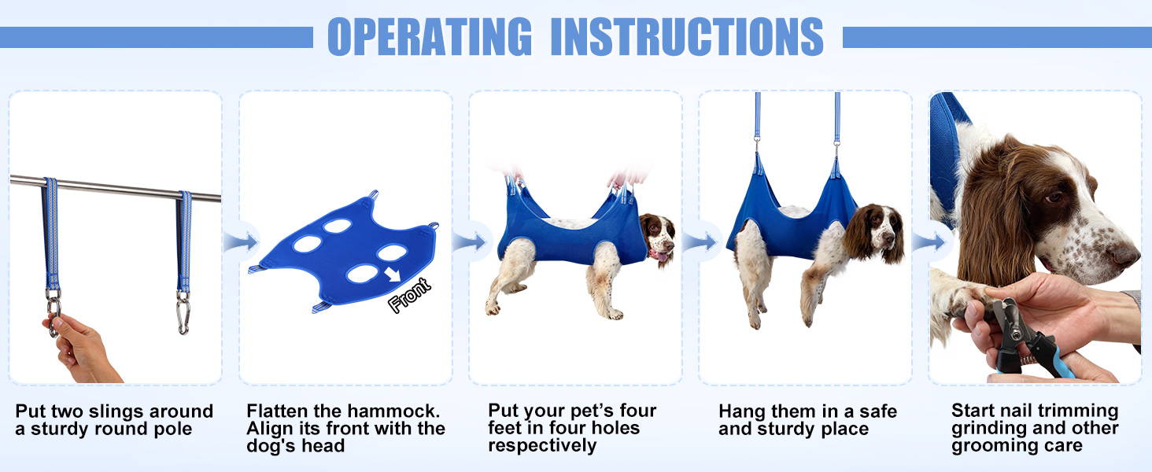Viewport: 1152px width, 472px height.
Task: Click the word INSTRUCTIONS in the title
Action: point(687,36)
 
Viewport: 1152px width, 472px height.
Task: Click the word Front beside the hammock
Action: point(410,296)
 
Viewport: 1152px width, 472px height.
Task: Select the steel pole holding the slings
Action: point(118,188)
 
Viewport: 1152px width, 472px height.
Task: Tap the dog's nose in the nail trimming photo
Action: point(1129,253)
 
